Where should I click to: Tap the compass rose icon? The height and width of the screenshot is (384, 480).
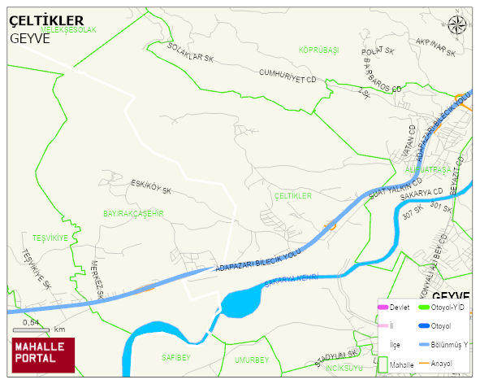(x=457, y=25)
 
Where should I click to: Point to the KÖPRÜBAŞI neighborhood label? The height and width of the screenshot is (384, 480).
(x=318, y=50)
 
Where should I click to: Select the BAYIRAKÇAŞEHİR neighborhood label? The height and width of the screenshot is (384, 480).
(x=134, y=213)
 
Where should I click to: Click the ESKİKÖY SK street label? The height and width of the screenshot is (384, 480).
(x=151, y=186)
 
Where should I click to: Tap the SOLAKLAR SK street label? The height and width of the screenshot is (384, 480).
(x=189, y=54)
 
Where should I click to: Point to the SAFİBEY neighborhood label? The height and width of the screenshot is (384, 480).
(x=175, y=357)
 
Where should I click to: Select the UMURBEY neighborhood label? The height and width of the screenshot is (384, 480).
(x=251, y=359)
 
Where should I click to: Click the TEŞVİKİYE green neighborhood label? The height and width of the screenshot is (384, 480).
(x=49, y=238)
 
